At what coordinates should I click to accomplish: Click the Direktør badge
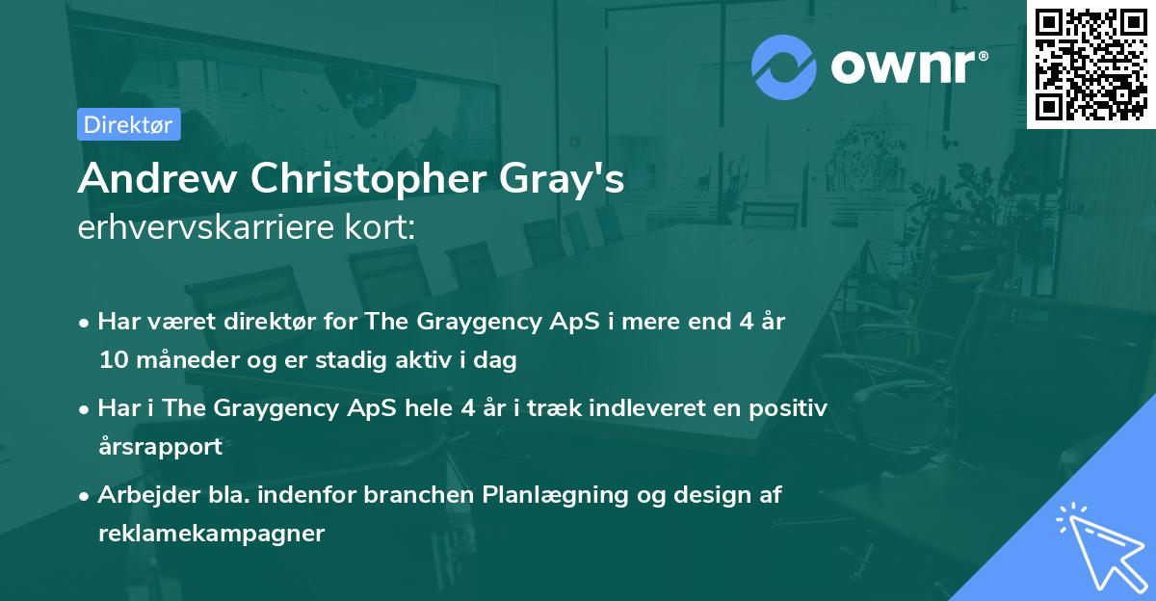[129, 124]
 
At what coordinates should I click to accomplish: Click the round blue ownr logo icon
[783, 66]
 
